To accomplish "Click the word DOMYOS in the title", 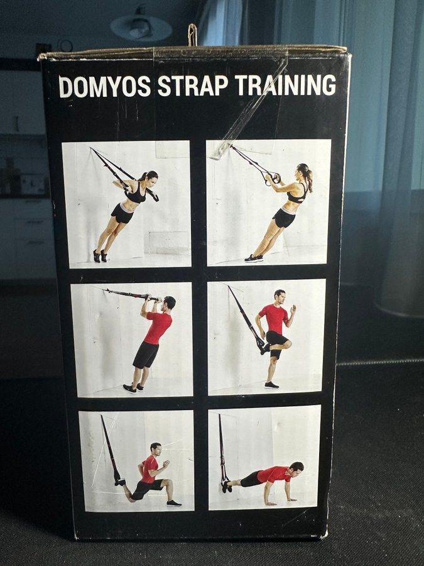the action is click(x=104, y=86).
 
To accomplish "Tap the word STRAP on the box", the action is click(x=193, y=86).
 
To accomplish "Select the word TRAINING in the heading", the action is click(x=286, y=85).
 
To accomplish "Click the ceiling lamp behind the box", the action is click(x=141, y=26).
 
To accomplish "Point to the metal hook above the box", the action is click(x=193, y=35).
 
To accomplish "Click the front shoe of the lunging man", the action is click(x=174, y=503).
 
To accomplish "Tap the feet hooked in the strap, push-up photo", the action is click(x=226, y=486).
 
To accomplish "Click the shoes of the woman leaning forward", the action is click(x=101, y=256).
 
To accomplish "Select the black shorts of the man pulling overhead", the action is click(x=146, y=355).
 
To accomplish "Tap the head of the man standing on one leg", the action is click(x=280, y=297).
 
